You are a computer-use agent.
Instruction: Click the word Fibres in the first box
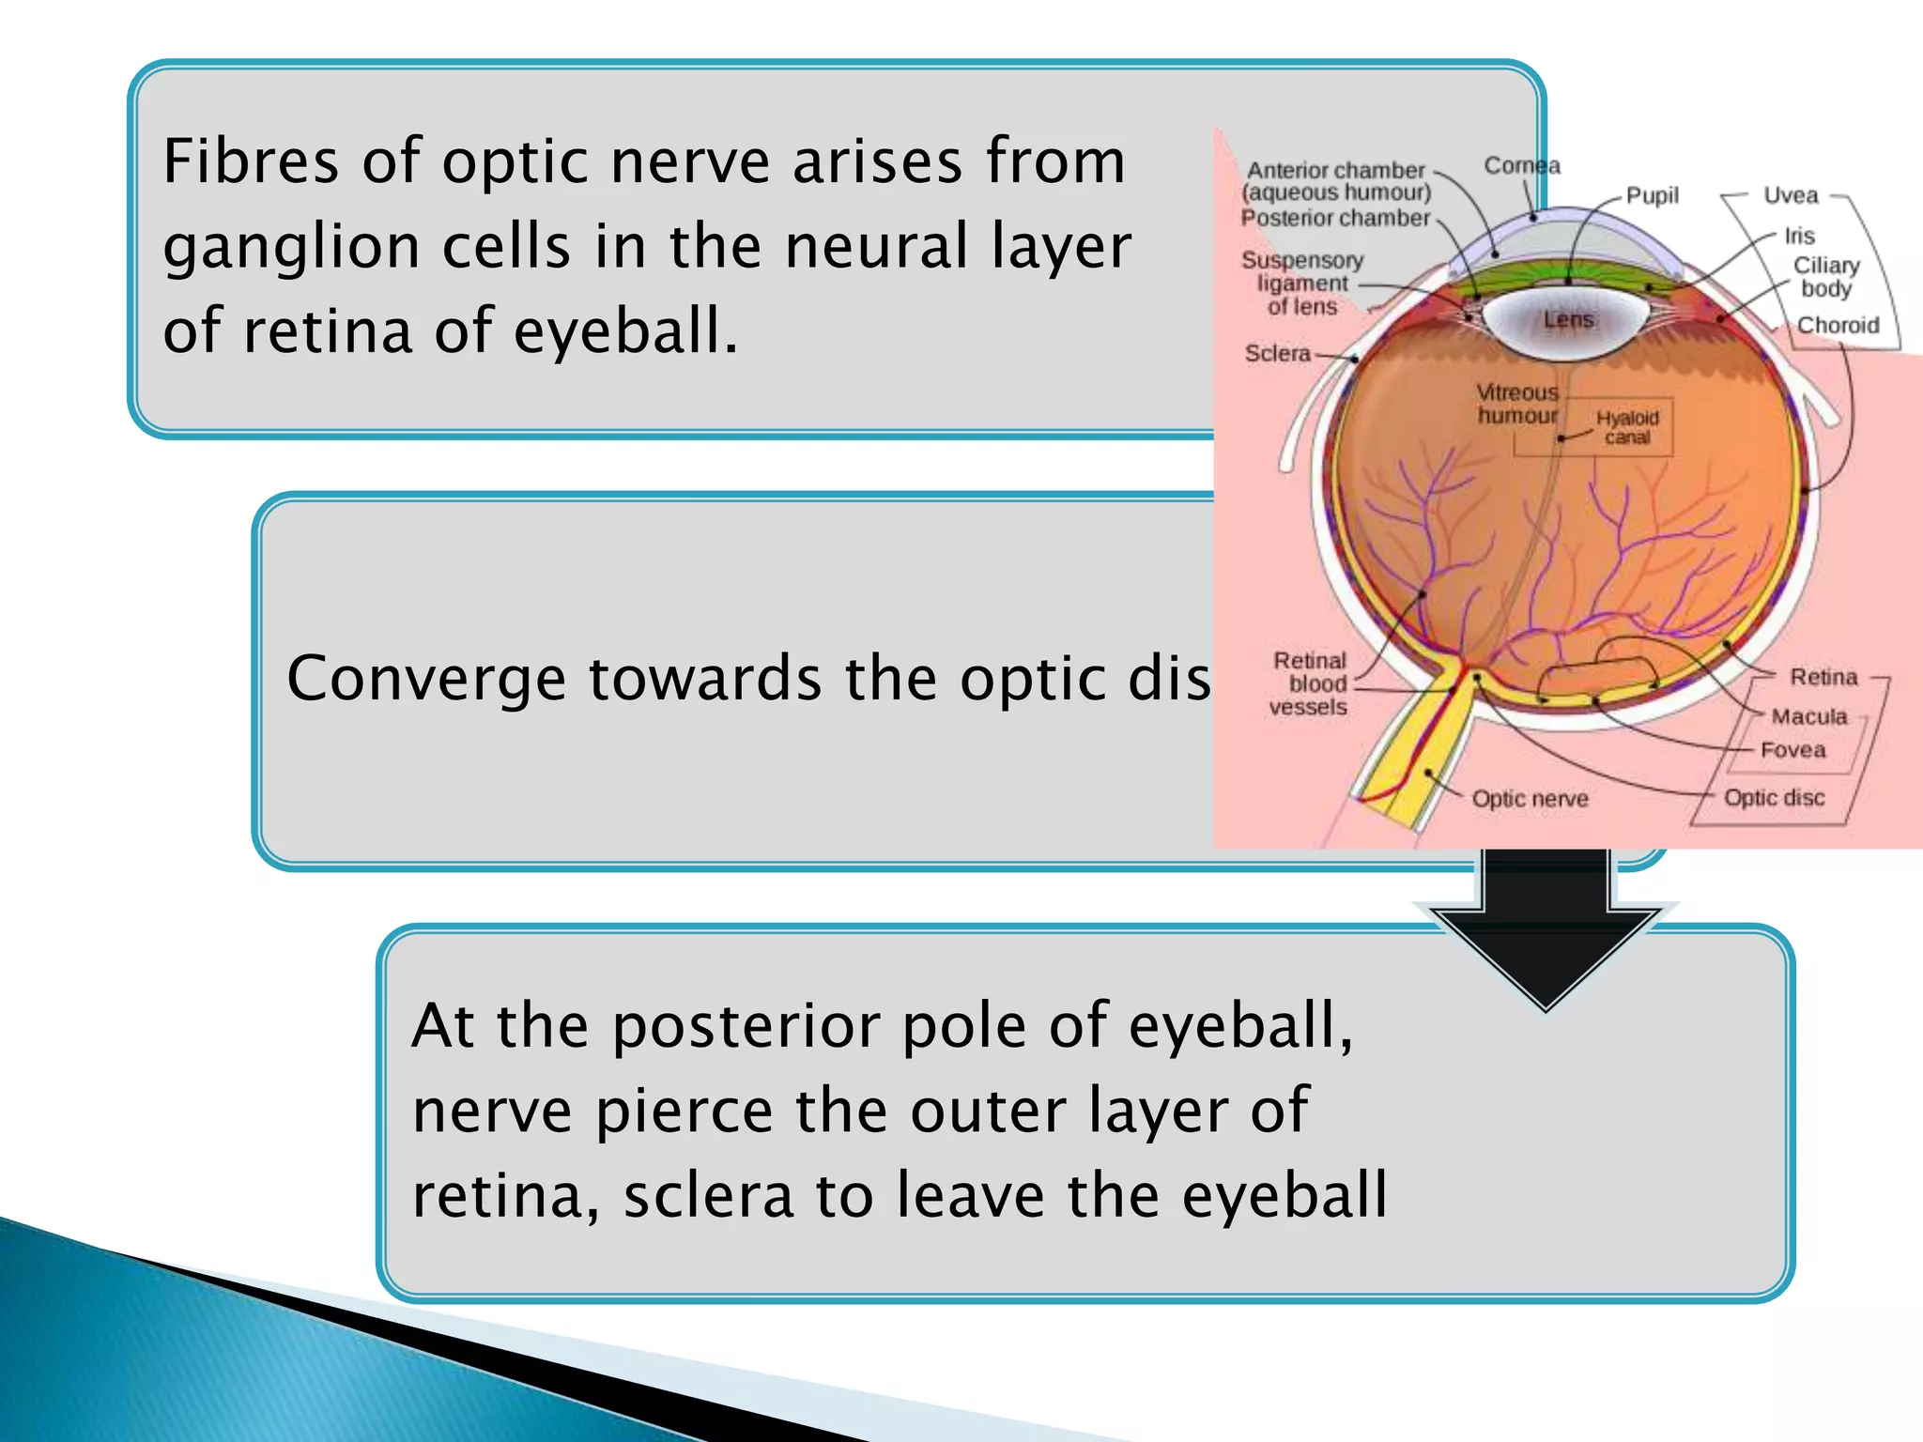(250, 161)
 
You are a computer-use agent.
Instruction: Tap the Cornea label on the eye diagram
(1521, 166)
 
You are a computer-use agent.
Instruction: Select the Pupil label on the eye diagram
(1652, 195)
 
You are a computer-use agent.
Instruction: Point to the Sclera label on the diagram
(1277, 354)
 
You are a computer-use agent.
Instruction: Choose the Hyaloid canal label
(1627, 427)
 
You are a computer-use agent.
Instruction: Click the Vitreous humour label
(1517, 404)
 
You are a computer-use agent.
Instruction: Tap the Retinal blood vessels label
(1309, 683)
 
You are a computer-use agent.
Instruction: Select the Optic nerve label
(1530, 799)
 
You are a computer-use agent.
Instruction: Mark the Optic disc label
(1774, 798)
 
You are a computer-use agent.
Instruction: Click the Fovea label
(1792, 750)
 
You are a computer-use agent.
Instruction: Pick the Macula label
(1808, 717)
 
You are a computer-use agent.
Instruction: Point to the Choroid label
(1838, 326)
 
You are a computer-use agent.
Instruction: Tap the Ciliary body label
(1826, 277)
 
